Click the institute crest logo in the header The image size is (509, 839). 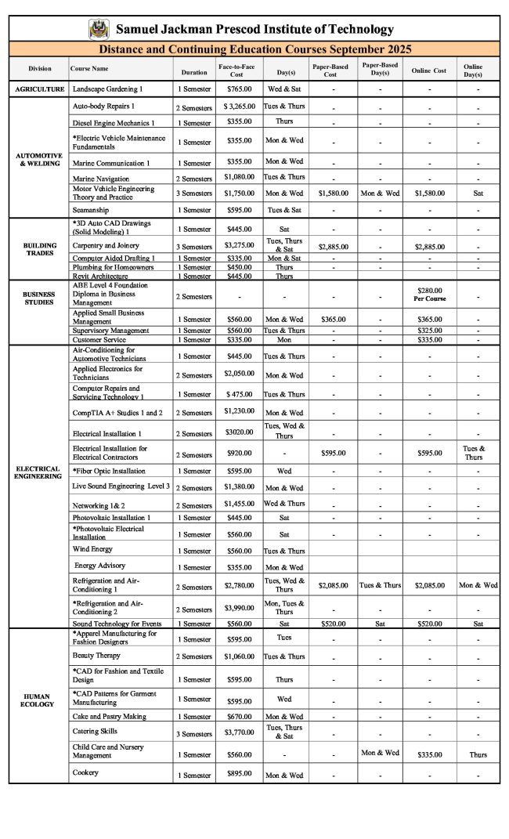pos(99,29)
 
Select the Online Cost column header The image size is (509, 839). pos(428,71)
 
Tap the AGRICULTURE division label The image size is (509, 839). pos(39,89)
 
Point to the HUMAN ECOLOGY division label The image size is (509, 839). pos(38,700)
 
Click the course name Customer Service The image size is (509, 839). pos(99,341)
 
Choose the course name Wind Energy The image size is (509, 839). pos(93,549)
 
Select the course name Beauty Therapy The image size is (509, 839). pos(96,655)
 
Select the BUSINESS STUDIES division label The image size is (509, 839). pos(38,298)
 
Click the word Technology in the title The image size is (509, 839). pos(356,30)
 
